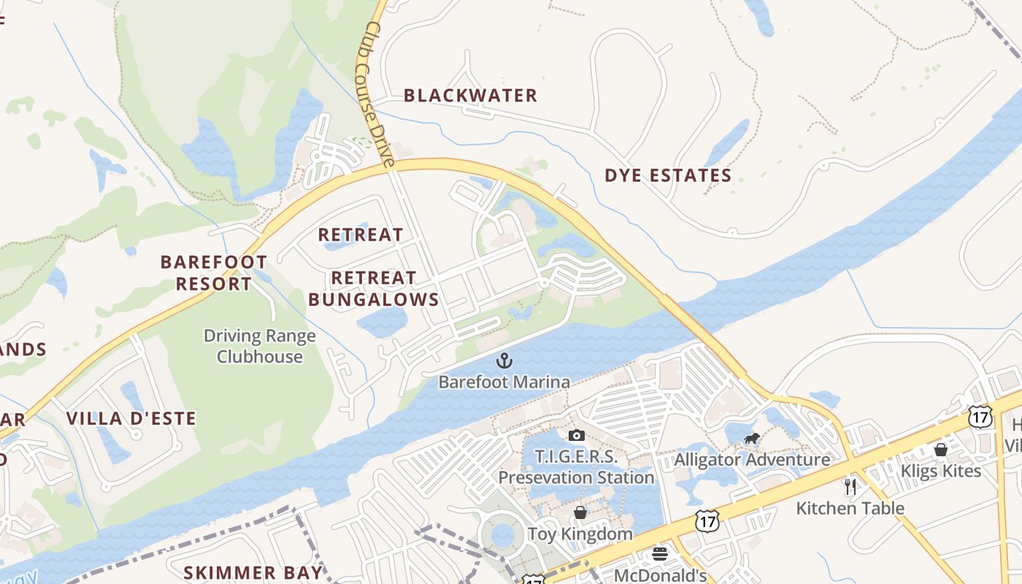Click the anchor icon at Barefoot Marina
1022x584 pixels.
504,360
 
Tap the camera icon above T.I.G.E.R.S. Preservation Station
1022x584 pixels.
576,436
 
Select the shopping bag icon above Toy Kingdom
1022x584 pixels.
580,512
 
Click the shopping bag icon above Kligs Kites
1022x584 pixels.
941,450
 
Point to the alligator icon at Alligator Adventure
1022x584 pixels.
751,439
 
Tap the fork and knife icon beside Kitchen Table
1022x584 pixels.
850,487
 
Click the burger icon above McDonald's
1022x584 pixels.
660,553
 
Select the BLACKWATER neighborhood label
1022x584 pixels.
470,96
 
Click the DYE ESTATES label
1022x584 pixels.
668,175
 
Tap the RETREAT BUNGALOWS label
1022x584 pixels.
374,288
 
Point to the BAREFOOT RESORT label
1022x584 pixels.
214,272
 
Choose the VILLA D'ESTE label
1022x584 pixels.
131,418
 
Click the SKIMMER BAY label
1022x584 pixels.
253,572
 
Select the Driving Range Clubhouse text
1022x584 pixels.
260,346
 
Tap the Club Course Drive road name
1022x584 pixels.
379,93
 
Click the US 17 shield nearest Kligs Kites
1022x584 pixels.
980,417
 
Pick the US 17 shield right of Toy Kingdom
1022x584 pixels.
706,520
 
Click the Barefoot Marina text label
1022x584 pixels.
504,382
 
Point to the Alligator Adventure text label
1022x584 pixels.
752,460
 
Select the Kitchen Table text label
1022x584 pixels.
850,508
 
